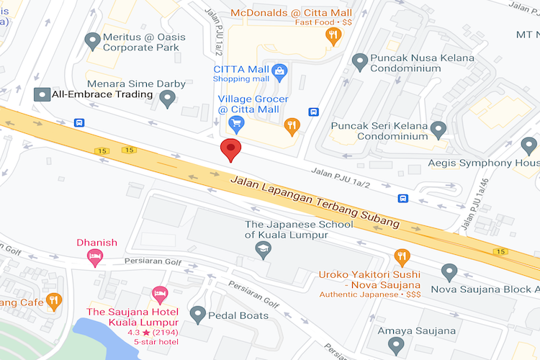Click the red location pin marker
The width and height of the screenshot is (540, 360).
click(230, 150)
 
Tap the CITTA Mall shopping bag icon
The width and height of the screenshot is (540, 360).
click(279, 71)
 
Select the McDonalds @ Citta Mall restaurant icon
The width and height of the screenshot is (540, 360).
click(333, 36)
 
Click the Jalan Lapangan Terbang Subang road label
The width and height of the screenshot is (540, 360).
click(315, 202)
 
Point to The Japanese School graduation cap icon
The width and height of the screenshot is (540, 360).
click(264, 250)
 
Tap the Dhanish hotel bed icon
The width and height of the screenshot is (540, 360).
click(94, 256)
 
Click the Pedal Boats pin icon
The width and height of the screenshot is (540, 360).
click(197, 314)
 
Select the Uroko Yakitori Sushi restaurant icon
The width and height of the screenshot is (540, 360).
click(402, 257)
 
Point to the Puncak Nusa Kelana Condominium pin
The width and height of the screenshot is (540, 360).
click(360, 62)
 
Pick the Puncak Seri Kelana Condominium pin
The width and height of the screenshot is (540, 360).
click(438, 130)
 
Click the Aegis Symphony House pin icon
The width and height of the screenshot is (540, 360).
click(529, 146)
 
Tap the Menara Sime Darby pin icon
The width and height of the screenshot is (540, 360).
click(168, 99)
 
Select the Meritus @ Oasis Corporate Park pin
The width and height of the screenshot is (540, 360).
click(92, 41)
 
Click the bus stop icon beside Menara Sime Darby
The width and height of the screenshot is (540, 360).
click(78, 122)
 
